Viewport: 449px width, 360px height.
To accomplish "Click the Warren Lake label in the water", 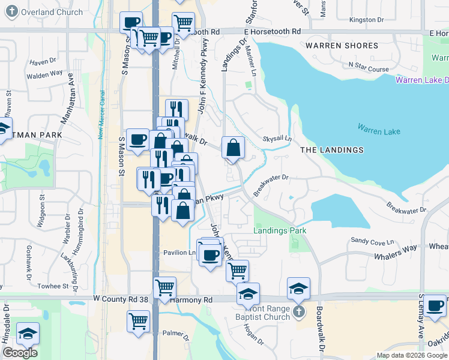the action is point(379,128).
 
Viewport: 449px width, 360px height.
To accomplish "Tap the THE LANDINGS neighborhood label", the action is point(331,150).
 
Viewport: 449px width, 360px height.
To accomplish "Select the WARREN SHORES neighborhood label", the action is point(342,46).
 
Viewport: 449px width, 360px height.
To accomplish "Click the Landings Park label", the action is point(280,230).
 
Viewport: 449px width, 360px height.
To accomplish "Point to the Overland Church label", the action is point(46,12).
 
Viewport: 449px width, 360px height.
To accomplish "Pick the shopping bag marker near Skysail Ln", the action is point(233,146).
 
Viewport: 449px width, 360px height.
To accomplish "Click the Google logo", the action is point(20,353).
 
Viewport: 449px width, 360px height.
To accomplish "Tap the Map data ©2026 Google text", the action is point(411,355).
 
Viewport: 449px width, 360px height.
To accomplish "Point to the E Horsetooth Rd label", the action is point(272,31).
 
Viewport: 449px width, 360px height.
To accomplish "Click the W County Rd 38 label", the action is point(121,299).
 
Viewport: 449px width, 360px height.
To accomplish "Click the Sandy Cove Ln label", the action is point(372,240).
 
